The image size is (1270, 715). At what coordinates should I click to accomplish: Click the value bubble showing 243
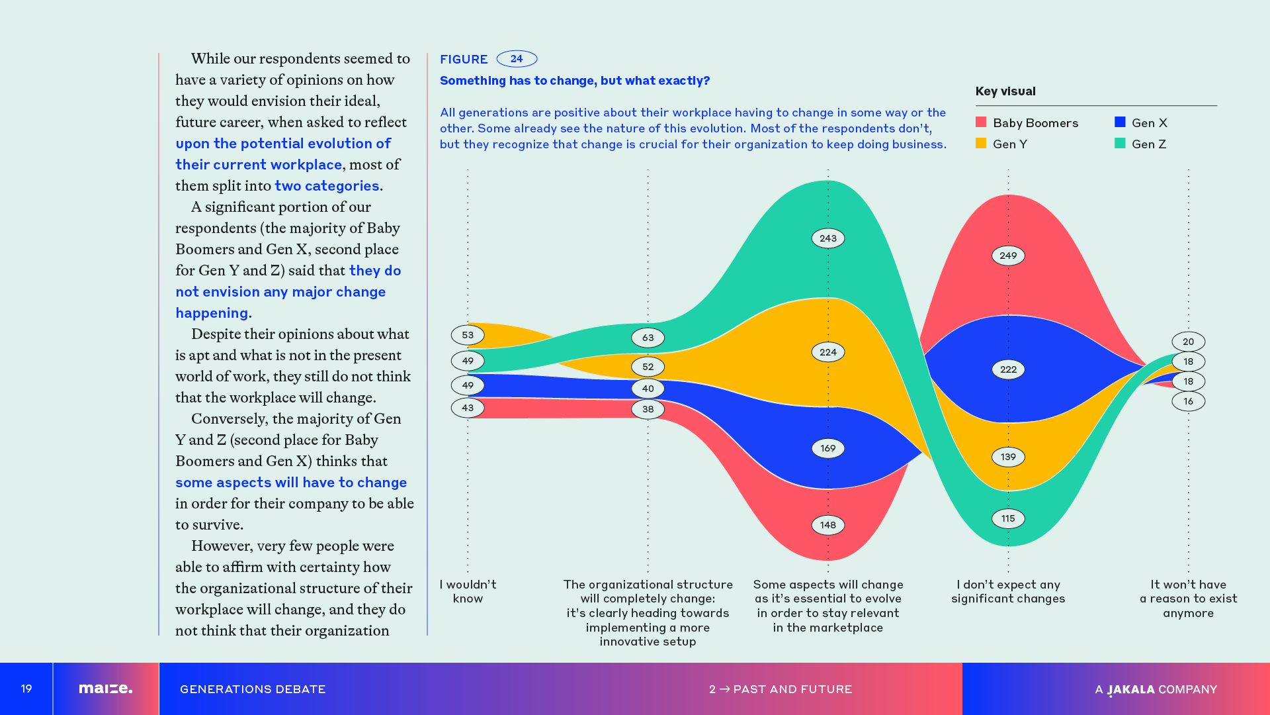(x=828, y=238)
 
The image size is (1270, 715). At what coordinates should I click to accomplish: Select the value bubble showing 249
(x=1008, y=256)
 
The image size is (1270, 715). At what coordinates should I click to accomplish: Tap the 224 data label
(x=828, y=352)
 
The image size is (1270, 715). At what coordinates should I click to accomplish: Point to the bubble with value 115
(x=1008, y=518)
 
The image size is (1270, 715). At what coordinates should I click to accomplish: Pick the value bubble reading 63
(x=648, y=338)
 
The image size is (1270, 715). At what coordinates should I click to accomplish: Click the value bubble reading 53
(x=468, y=335)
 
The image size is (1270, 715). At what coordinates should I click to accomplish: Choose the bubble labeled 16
(x=1188, y=401)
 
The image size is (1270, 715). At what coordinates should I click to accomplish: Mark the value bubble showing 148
(x=828, y=525)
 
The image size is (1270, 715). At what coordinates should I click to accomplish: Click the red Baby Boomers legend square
(x=981, y=122)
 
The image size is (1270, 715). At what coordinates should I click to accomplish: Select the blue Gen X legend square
(x=1120, y=122)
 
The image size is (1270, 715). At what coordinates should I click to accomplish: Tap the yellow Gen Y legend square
(x=981, y=144)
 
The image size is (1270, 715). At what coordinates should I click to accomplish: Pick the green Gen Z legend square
(x=1120, y=144)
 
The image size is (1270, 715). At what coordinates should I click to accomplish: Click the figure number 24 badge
(x=517, y=59)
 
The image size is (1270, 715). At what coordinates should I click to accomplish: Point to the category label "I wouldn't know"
(x=468, y=591)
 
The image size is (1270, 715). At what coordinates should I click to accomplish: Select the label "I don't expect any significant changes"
(x=1008, y=591)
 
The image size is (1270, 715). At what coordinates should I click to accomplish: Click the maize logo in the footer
(x=106, y=689)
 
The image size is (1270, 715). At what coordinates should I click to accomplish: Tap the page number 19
(x=26, y=689)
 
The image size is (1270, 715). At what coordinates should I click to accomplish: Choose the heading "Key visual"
(x=1005, y=91)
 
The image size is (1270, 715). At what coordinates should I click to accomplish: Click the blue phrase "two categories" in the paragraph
(x=327, y=186)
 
